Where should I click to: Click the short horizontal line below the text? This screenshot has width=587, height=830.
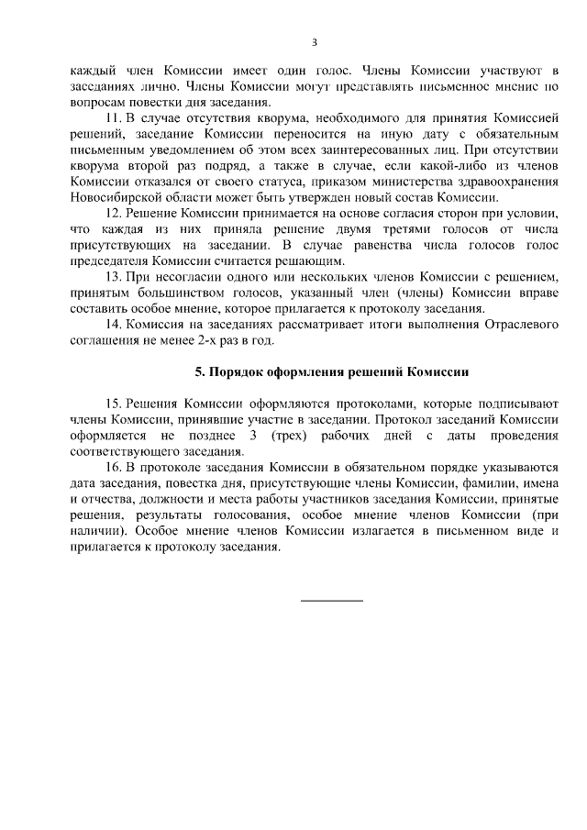332,600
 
